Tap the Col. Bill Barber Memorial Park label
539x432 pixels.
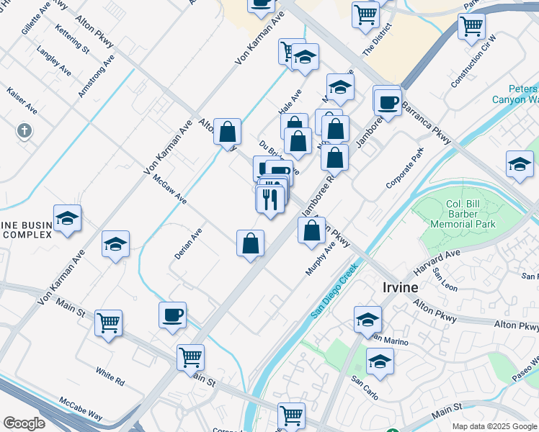pos(463,214)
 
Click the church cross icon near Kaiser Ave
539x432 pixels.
pos(24,130)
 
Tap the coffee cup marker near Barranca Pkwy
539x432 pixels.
pos(388,102)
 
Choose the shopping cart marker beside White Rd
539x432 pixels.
pos(108,322)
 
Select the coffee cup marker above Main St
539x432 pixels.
pos(172,315)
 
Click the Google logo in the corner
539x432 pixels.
pos(24,423)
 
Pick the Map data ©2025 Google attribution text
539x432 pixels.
pos(495,426)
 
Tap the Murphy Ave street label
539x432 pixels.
pos(321,258)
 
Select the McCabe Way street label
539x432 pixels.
pos(81,402)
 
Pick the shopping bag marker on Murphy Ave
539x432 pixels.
pos(311,231)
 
